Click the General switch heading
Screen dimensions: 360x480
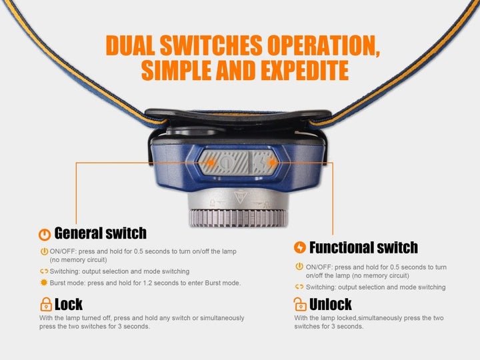coord(100,233)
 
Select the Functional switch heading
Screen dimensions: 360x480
coord(363,248)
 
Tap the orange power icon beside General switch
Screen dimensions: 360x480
coord(44,234)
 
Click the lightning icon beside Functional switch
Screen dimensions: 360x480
coord(299,248)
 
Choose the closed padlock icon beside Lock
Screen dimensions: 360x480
coord(45,305)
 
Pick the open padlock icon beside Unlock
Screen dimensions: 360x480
coord(300,305)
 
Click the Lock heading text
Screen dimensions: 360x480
coord(68,305)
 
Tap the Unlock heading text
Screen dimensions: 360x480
coord(330,305)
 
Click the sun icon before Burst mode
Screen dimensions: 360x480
coord(44,283)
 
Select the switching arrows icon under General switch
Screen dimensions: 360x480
coord(44,272)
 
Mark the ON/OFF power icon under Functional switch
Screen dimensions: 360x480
coord(299,267)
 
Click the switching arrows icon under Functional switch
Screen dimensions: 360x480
coord(299,287)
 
